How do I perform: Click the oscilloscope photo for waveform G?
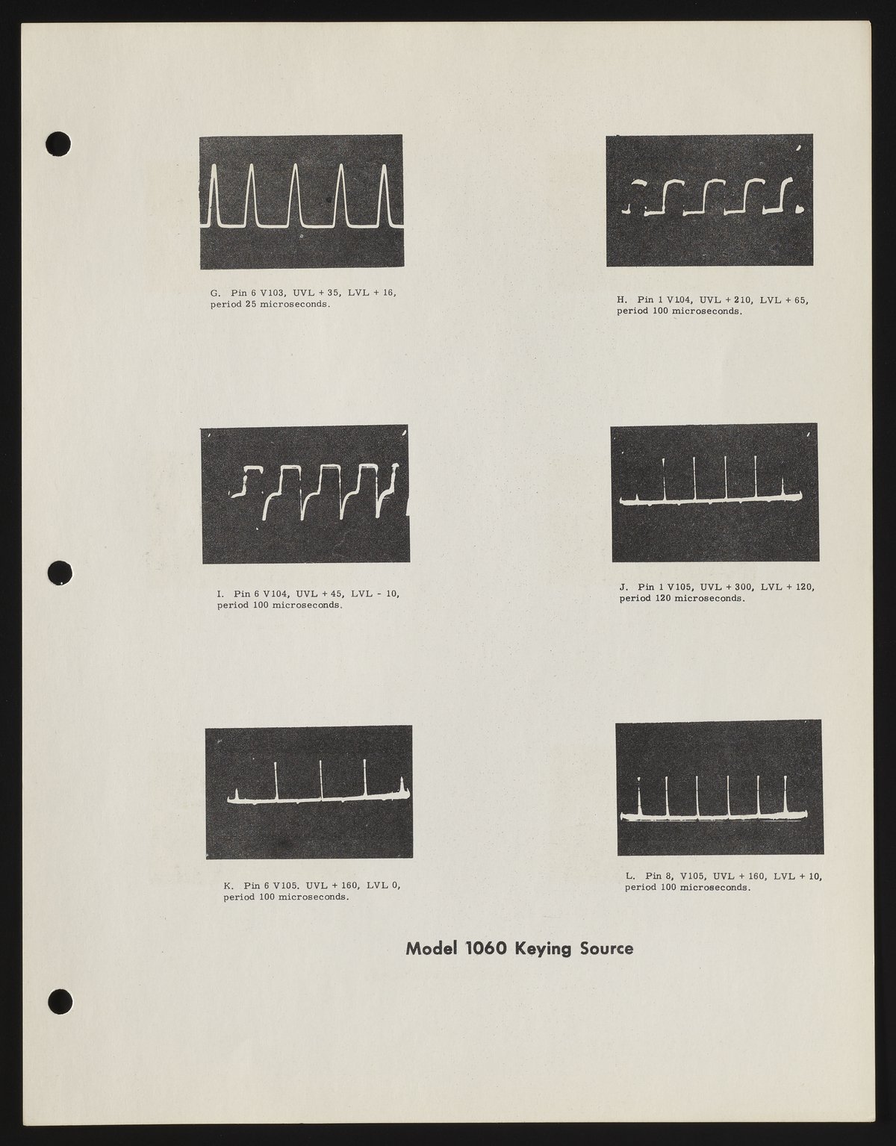pyautogui.click(x=301, y=201)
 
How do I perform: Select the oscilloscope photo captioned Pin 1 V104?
pyautogui.click(x=709, y=200)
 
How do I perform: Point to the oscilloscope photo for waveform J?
pyautogui.click(x=714, y=493)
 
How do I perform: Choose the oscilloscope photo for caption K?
pyautogui.click(x=309, y=791)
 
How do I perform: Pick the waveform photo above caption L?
pyautogui.click(x=718, y=788)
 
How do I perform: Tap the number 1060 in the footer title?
pyautogui.click(x=485, y=949)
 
